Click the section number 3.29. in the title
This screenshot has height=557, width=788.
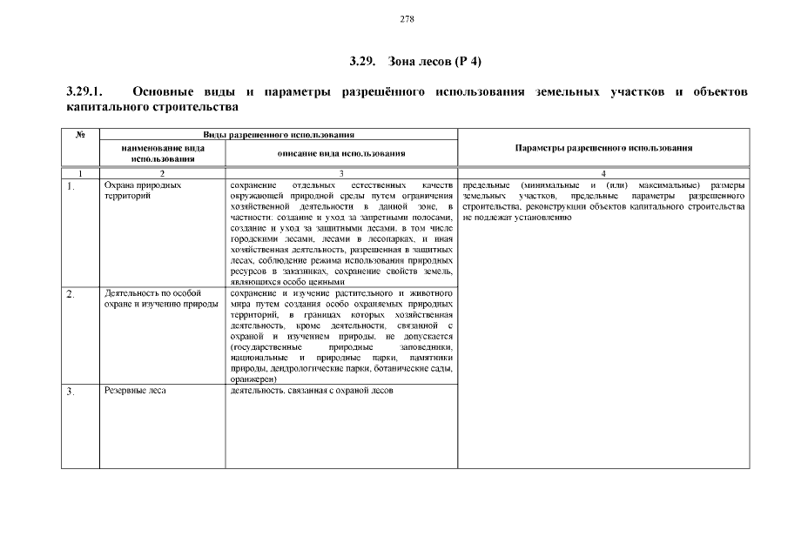(x=361, y=61)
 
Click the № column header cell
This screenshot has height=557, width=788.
(x=80, y=135)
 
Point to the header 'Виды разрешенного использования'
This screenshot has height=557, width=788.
(x=279, y=135)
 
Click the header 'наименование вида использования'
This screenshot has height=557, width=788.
(x=163, y=153)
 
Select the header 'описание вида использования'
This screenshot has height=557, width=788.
(x=341, y=153)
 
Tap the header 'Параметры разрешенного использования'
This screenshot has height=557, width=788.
(x=603, y=148)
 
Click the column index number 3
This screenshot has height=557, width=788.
(x=341, y=174)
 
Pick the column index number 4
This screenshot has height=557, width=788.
(x=603, y=174)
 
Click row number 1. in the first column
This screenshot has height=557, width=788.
(x=71, y=186)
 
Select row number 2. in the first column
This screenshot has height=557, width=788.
(x=71, y=294)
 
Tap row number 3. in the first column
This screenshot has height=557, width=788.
(x=71, y=392)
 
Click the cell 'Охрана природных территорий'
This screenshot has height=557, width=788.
(x=143, y=191)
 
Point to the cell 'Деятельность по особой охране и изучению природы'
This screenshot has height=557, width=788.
(x=153, y=299)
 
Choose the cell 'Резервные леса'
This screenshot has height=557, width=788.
(x=135, y=391)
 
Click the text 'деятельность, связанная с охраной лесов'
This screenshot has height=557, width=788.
(x=313, y=391)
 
